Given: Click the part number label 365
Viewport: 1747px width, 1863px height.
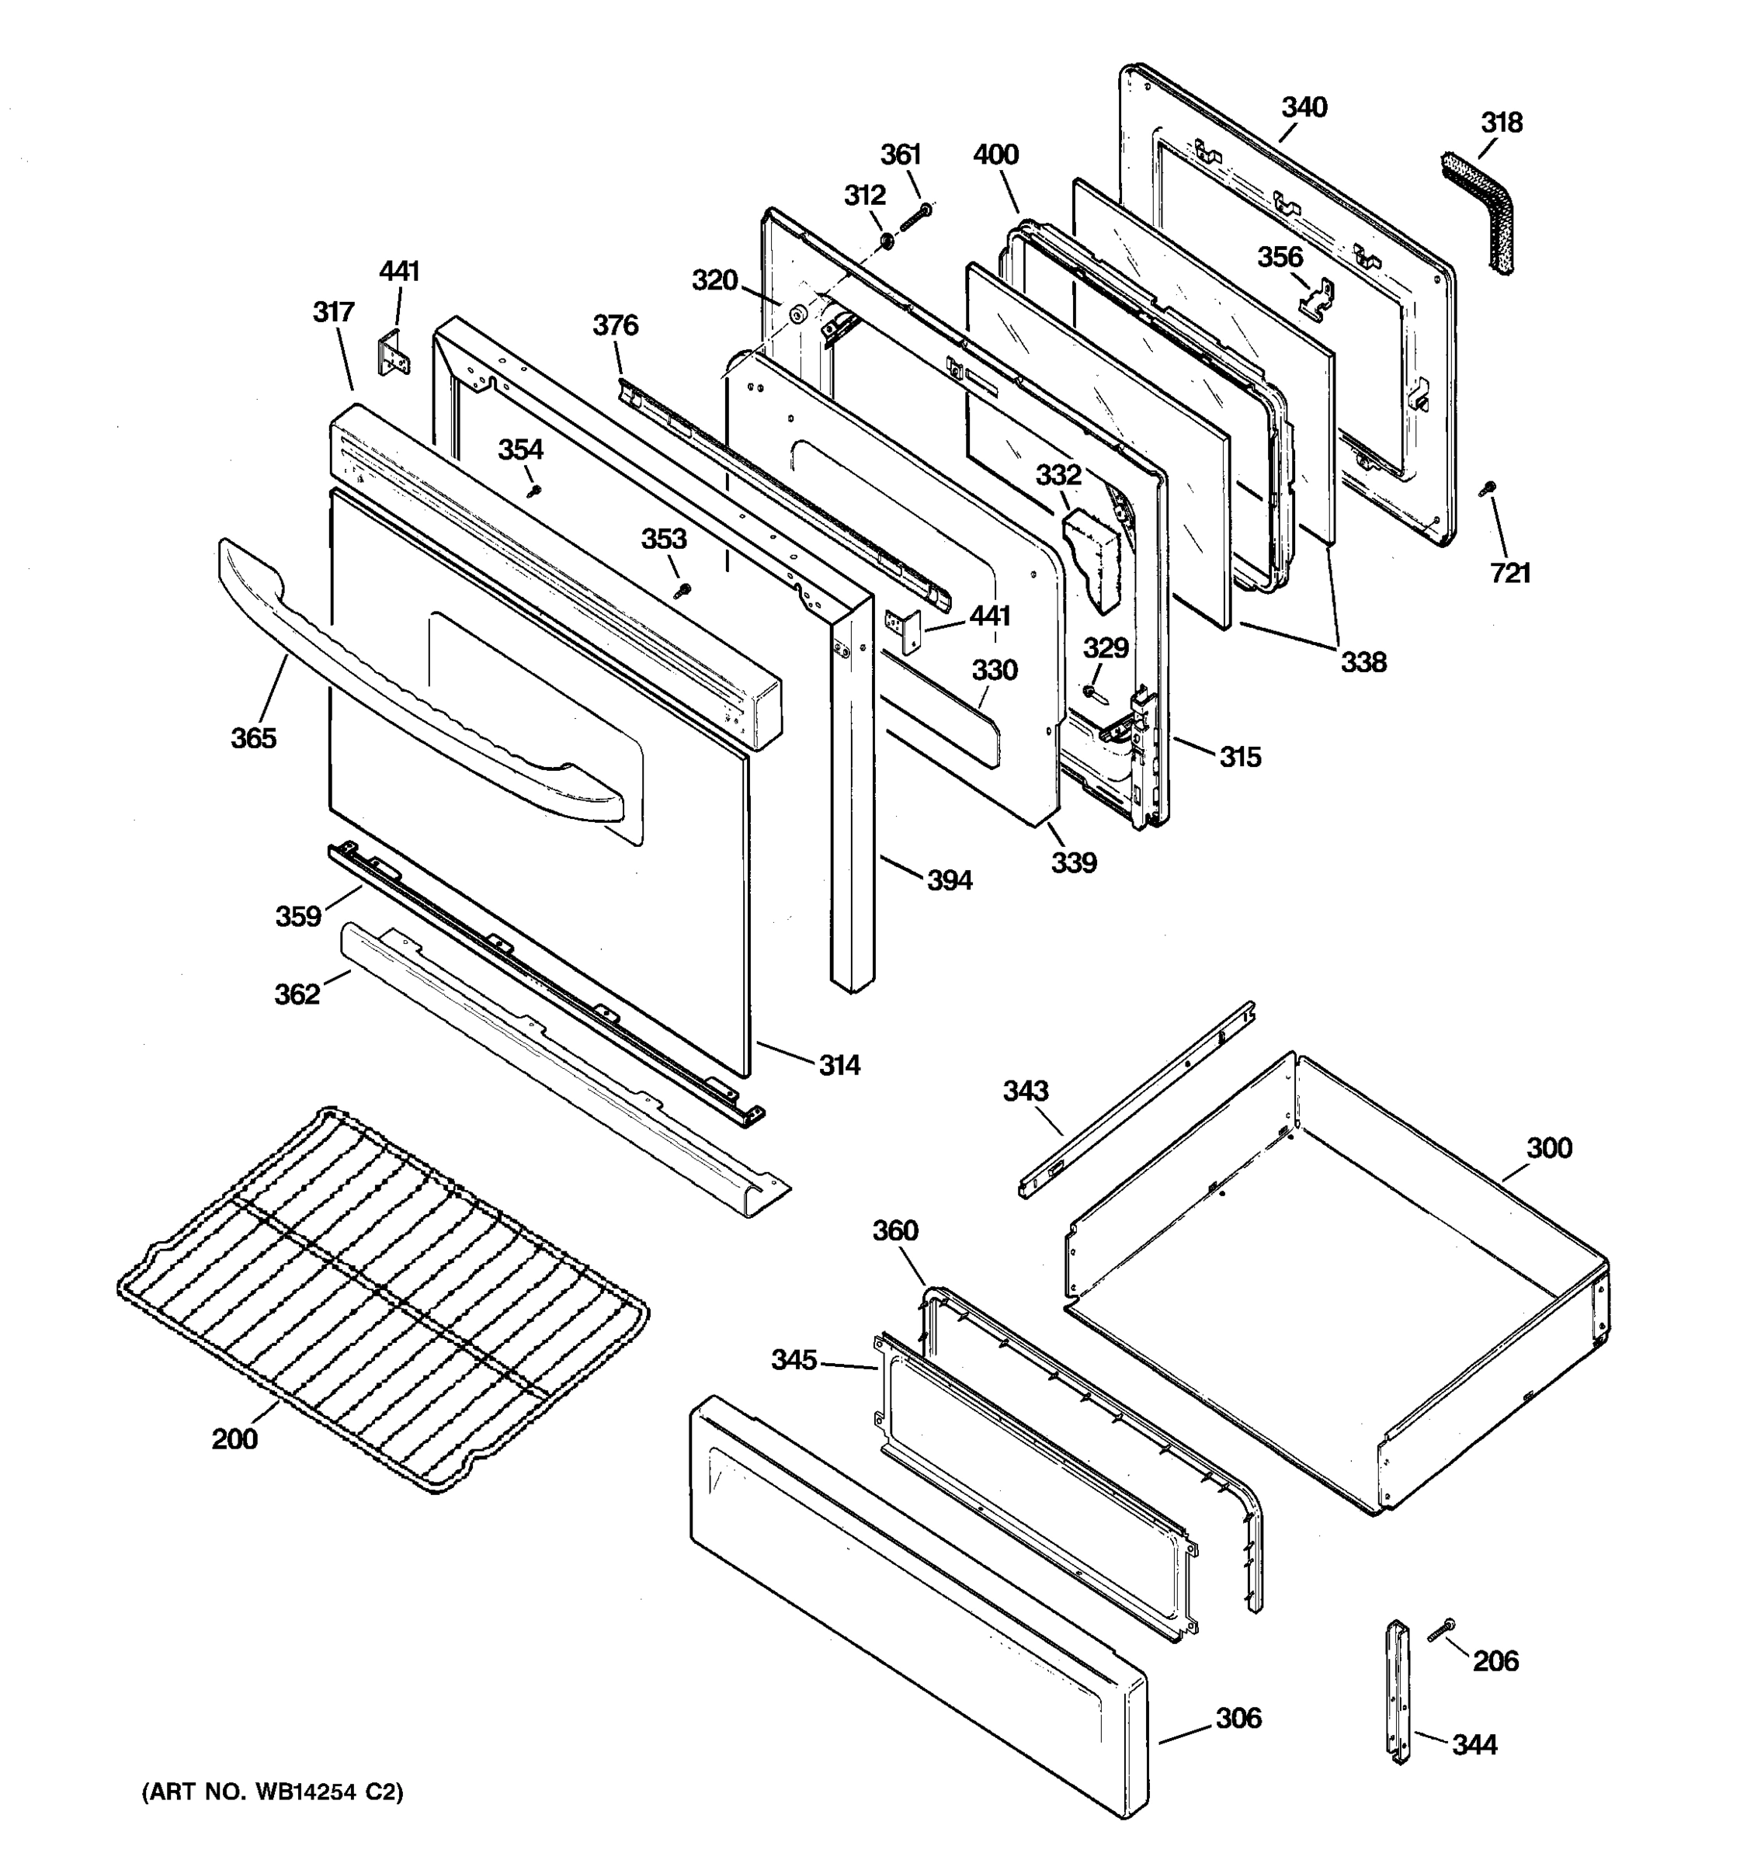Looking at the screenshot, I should [254, 738].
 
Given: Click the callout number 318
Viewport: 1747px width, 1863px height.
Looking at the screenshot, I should [1502, 123].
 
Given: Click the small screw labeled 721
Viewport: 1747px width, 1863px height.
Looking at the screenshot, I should [1486, 487].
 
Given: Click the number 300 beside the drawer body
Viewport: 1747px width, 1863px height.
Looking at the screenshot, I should [1549, 1148].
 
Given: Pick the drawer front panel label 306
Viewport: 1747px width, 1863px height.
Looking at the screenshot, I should [1238, 1718].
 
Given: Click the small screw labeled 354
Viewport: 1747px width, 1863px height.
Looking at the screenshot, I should [534, 490].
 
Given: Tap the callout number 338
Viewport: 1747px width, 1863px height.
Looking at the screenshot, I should [1363, 663].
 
